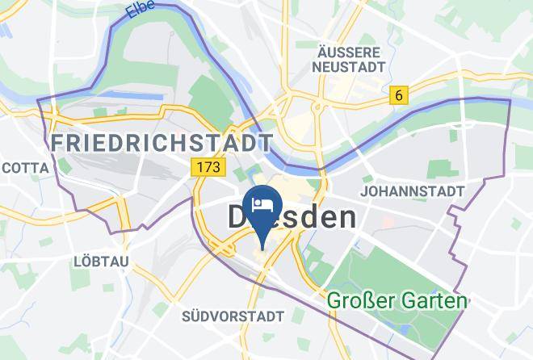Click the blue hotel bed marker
(262, 202)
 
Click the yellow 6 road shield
(398, 95)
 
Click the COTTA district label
(25, 168)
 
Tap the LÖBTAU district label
(95, 262)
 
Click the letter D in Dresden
(237, 217)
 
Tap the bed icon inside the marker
(262, 199)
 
